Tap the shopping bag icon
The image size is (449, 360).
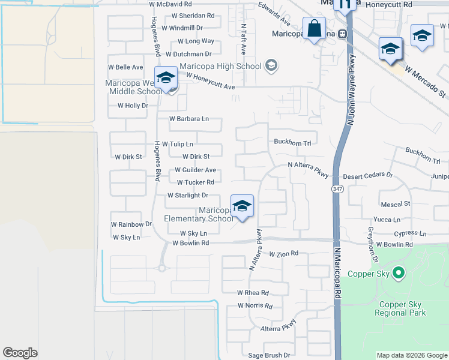pyautogui.click(x=315, y=28)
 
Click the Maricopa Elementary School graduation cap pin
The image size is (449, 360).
pyautogui.click(x=241, y=206)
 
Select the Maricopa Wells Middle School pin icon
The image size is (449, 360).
pyautogui.click(x=166, y=79)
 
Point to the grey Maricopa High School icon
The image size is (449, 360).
pyautogui.click(x=271, y=65)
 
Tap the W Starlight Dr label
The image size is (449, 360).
pyautogui.click(x=188, y=196)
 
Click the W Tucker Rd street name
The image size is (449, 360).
pyautogui.click(x=196, y=182)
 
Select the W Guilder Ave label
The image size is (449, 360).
pyautogui.click(x=196, y=170)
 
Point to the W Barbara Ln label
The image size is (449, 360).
pyautogui.click(x=188, y=119)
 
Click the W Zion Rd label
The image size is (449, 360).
pyautogui.click(x=283, y=254)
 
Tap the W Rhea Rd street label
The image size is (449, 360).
pyautogui.click(x=252, y=293)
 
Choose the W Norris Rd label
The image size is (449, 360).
pyautogui.click(x=255, y=306)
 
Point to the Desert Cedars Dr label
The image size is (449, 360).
pyautogui.click(x=368, y=176)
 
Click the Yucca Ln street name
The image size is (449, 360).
pyautogui.click(x=387, y=220)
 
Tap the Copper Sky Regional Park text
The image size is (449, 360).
pyautogui.click(x=400, y=308)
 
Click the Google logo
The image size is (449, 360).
pyautogui.click(x=20, y=353)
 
